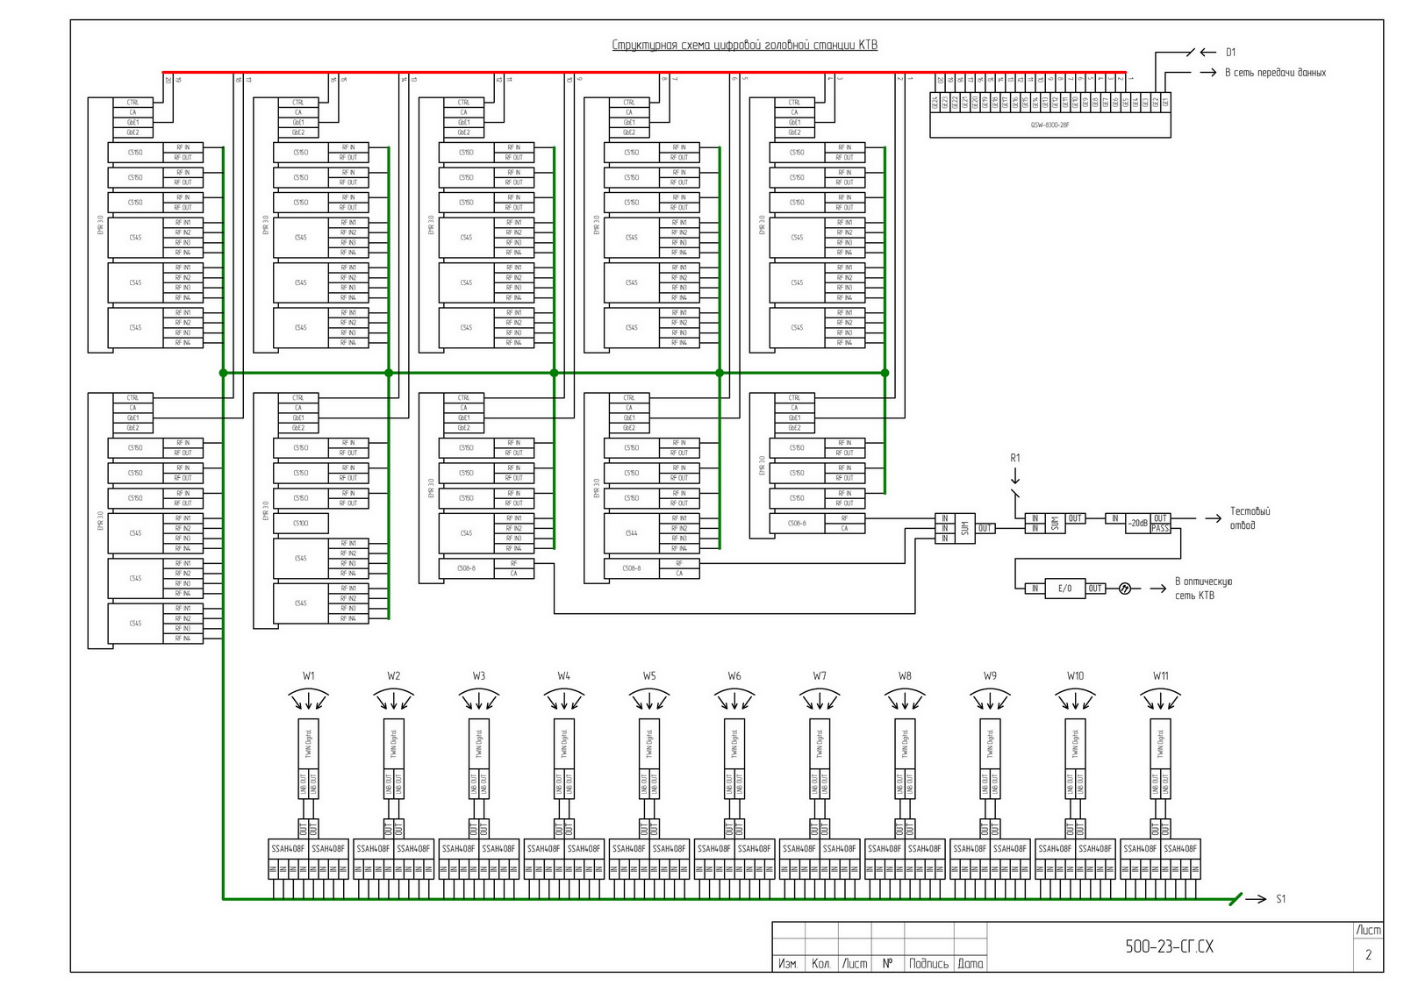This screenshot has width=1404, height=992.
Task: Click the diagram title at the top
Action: tap(744, 46)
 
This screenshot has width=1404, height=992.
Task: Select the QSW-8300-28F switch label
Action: tap(1049, 125)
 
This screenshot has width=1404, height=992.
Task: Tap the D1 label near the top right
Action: tap(1230, 53)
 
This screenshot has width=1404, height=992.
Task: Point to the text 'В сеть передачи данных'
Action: tap(1274, 73)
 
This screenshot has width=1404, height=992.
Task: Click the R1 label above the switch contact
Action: tap(1015, 458)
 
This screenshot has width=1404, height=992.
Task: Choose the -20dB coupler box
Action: tap(1137, 524)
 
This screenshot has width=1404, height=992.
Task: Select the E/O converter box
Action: tap(1064, 589)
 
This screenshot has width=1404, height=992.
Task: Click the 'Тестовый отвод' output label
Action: tap(1249, 517)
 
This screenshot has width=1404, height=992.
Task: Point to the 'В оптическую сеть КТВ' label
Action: tap(1203, 589)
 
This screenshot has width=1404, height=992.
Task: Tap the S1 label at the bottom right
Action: tap(1280, 899)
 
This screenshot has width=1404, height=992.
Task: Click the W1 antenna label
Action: tap(309, 676)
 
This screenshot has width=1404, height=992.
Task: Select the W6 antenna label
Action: tap(734, 676)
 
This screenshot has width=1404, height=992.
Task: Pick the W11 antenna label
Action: tap(1160, 676)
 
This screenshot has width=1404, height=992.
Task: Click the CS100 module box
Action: tap(301, 524)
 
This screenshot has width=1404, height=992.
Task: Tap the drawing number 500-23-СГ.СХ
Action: tap(1169, 947)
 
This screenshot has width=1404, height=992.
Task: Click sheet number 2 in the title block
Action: tap(1367, 955)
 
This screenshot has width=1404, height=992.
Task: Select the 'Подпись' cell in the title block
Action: tap(928, 964)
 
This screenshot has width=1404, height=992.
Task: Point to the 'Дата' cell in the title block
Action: tap(971, 964)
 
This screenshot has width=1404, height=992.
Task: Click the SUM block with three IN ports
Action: tap(964, 529)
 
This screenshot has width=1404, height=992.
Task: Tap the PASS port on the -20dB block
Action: tap(1160, 528)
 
